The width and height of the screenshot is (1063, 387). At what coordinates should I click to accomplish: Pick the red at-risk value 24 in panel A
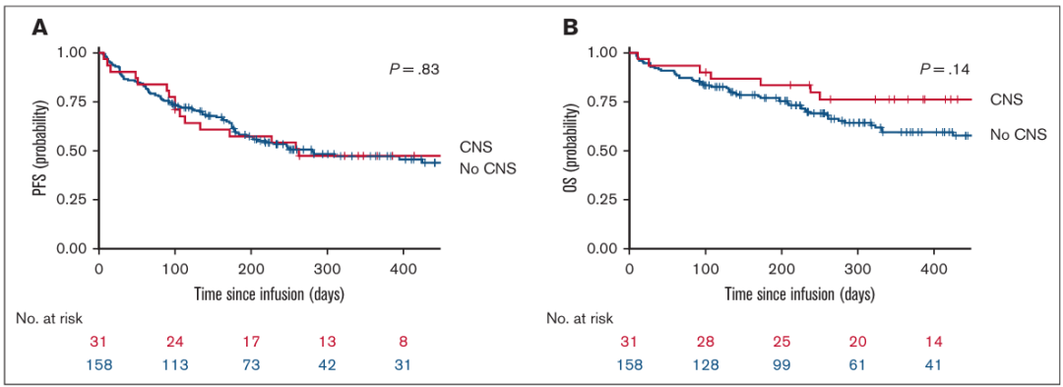[x=174, y=342]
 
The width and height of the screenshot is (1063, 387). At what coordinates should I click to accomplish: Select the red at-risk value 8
[x=403, y=342]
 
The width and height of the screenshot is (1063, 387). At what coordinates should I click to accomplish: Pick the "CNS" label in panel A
[x=474, y=146]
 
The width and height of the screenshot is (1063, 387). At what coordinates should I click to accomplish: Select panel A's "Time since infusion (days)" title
[x=270, y=295]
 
